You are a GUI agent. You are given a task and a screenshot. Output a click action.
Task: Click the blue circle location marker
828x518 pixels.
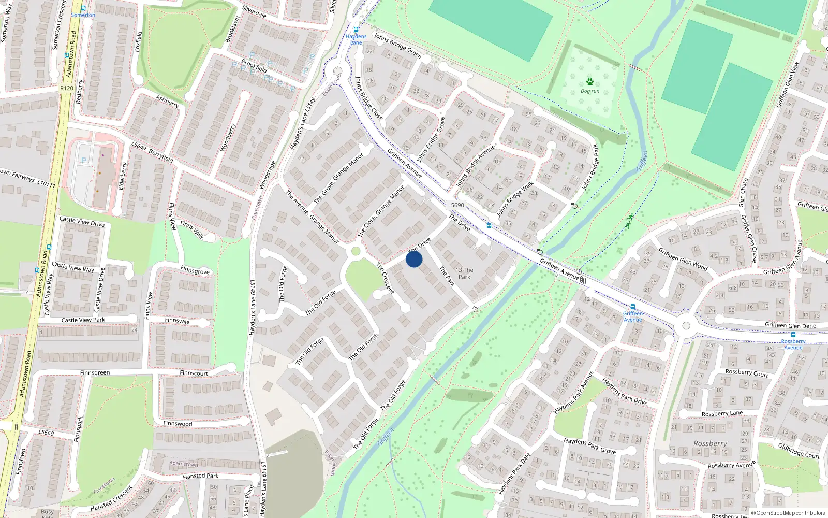(414, 259)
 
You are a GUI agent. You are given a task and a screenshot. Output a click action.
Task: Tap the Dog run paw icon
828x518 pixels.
(590, 82)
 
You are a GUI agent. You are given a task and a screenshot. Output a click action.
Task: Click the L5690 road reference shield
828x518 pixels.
(456, 205)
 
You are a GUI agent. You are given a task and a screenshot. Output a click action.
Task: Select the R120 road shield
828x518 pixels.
(66, 88)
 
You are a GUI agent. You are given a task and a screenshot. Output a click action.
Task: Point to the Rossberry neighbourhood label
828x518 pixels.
(710, 444)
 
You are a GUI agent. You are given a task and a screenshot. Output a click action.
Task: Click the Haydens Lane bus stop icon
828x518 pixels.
(356, 30)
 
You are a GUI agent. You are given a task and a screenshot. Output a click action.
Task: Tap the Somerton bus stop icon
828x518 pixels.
(83, 8)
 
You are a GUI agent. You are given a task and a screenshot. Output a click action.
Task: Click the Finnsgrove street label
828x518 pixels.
(195, 270)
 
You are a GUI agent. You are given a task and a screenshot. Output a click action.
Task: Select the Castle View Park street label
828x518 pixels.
(83, 320)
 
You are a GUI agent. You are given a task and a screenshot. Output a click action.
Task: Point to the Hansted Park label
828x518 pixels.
(200, 476)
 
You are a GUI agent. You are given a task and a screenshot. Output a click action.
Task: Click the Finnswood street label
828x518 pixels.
(178, 424)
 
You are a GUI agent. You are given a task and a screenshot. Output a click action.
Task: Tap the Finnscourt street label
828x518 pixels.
(194, 373)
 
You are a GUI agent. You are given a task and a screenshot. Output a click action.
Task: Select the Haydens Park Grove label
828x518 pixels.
(589, 446)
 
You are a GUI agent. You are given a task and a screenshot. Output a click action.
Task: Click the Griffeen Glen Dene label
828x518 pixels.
(790, 325)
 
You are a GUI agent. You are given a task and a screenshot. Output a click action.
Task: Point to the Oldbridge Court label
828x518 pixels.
(799, 450)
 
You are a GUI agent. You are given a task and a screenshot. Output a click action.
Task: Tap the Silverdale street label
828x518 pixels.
(254, 12)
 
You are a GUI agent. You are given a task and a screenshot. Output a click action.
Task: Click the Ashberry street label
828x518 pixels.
(168, 101)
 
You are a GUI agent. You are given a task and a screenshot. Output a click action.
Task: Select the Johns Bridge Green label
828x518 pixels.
(397, 46)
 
